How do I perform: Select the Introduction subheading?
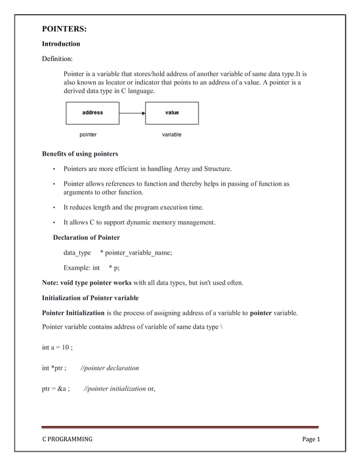click(61, 44)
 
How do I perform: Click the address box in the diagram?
click(93, 113)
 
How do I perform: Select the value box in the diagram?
click(172, 113)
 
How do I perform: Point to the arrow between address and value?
click(132, 113)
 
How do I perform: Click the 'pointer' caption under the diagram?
click(87, 135)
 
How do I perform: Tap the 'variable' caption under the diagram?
click(172, 135)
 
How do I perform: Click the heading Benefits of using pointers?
click(80, 154)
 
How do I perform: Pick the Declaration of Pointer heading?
click(86, 238)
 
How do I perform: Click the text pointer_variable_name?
click(139, 253)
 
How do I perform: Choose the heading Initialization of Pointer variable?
click(90, 298)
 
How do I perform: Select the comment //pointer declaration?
click(110, 368)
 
